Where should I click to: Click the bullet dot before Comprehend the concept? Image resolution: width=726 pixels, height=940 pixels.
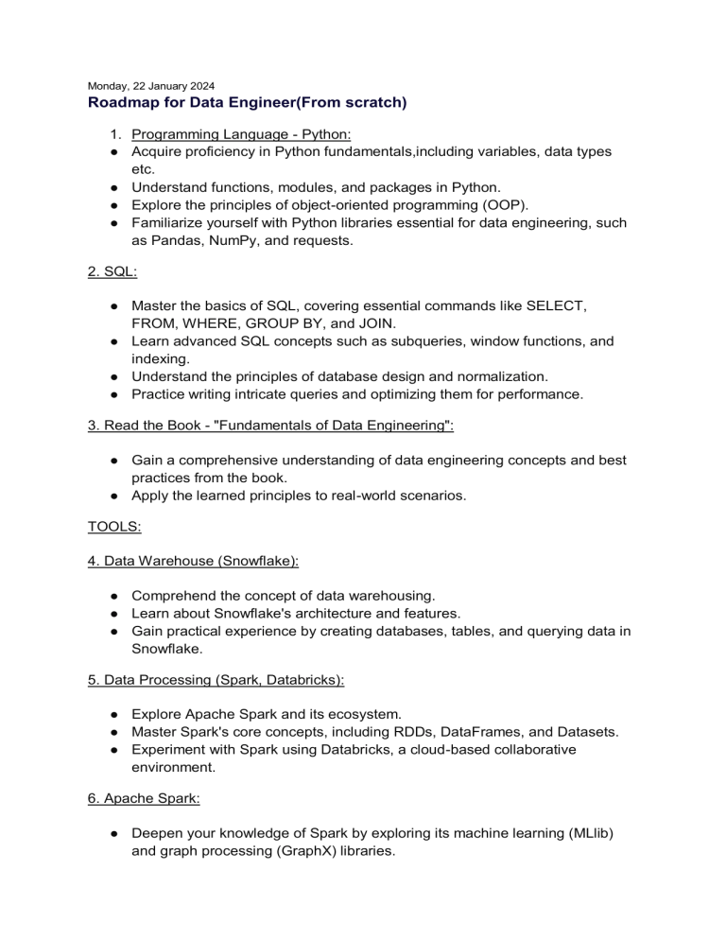pos(112,596)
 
